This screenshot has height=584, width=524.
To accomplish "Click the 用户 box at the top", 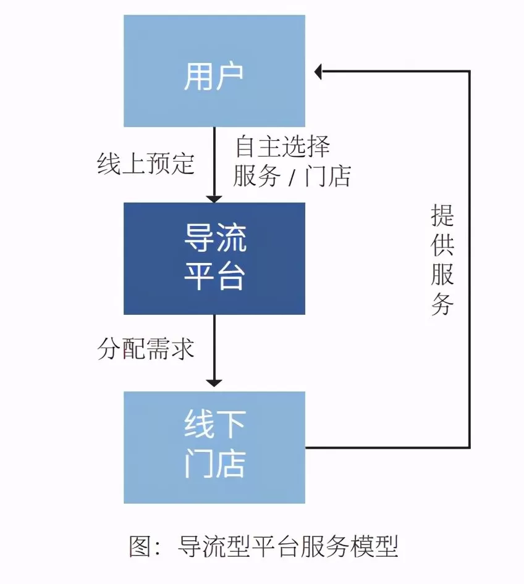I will [x=214, y=71].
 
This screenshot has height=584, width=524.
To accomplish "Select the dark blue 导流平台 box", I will [x=214, y=258].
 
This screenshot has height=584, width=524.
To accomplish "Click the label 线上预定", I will [x=146, y=164].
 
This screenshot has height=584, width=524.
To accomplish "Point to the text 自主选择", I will [x=282, y=147].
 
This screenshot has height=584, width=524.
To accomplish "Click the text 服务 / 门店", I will [x=292, y=177].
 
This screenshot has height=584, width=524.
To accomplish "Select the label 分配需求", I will [x=146, y=349].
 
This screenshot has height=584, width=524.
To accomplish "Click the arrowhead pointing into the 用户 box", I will [x=319, y=72].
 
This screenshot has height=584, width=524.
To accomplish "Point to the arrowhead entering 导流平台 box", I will [x=214, y=198].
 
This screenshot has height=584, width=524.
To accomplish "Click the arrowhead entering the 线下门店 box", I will [x=214, y=382].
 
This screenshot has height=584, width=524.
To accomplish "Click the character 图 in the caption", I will [x=140, y=546].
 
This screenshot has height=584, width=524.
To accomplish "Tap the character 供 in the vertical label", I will [x=442, y=246].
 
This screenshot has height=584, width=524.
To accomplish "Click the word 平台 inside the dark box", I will [x=214, y=277].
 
